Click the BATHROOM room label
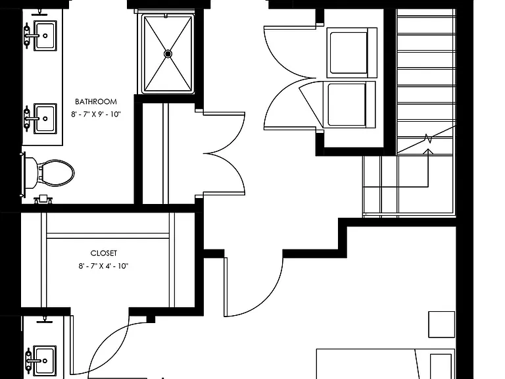pyautogui.click(x=95, y=102)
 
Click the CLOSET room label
pyautogui.click(x=103, y=253)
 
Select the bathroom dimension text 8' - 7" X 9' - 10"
pyautogui.click(x=95, y=114)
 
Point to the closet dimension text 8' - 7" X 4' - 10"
pyautogui.click(x=103, y=266)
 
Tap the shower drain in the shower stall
pyautogui.click(x=168, y=54)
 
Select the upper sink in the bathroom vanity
pyautogui.click(x=45, y=36)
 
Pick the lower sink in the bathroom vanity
pyautogui.click(x=45, y=118)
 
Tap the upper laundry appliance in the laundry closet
pyautogui.click(x=352, y=53)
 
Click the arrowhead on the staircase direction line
pyautogui.click(x=428, y=151)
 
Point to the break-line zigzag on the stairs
pyautogui.click(x=428, y=139)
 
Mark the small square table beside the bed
pyautogui.click(x=441, y=324)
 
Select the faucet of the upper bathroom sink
pyautogui.click(x=29, y=36)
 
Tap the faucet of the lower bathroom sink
pyautogui.click(x=29, y=118)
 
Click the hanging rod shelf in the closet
pyautogui.click(x=108, y=236)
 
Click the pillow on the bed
pyautogui.click(x=441, y=366)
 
